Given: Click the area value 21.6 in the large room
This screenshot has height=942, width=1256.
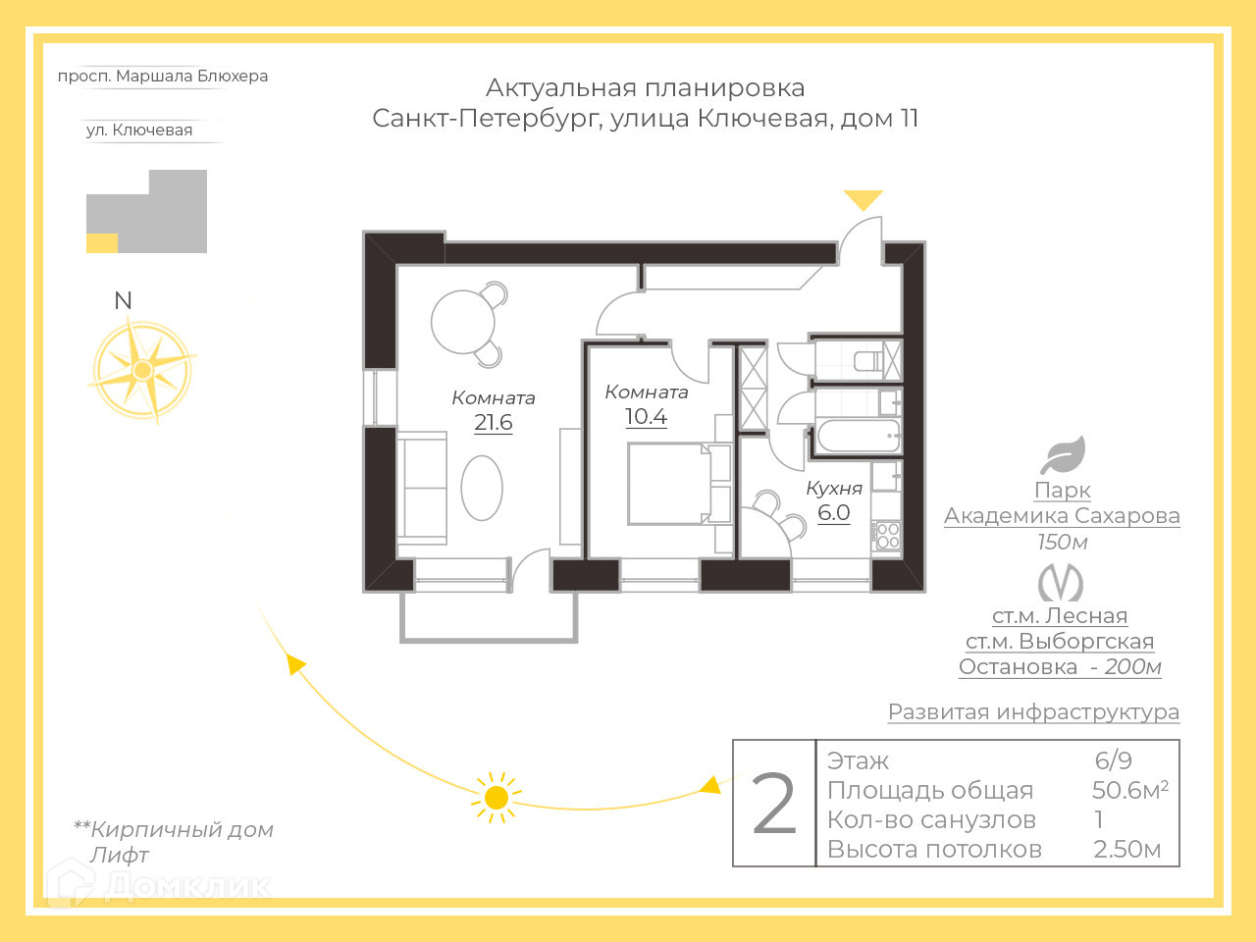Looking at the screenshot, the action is pyautogui.click(x=493, y=423).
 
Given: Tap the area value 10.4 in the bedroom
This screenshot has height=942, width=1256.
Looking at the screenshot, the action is pyautogui.click(x=646, y=417).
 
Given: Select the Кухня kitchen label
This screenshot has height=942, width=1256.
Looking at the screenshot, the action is pyautogui.click(x=833, y=489).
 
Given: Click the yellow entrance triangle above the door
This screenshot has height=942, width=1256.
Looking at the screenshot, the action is pyautogui.click(x=863, y=199).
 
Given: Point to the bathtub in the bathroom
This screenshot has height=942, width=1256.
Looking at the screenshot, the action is pyautogui.click(x=858, y=436).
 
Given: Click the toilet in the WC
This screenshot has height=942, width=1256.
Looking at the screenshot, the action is pyautogui.click(x=869, y=360).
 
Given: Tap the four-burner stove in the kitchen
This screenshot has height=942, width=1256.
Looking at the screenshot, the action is pyautogui.click(x=887, y=535).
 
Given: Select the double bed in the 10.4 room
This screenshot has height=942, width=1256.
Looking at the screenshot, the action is pyautogui.click(x=670, y=484).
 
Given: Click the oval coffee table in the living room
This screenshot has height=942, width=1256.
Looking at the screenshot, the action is pyautogui.click(x=482, y=488).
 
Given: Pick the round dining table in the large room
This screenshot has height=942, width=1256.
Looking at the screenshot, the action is pyautogui.click(x=463, y=322).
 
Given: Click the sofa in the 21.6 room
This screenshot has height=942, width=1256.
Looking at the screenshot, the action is pyautogui.click(x=423, y=488).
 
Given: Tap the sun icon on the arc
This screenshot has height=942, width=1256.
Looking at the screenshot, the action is pyautogui.click(x=497, y=797).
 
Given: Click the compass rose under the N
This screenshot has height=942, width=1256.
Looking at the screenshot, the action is pyautogui.click(x=143, y=371).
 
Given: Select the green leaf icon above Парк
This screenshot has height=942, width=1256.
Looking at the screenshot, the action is pyautogui.click(x=1063, y=455).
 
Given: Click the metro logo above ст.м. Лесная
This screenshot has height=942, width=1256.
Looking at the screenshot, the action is pyautogui.click(x=1061, y=583).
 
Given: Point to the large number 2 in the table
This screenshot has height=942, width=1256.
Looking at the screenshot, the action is pyautogui.click(x=773, y=805).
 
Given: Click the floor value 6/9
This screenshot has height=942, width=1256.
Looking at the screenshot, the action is pyautogui.click(x=1113, y=760).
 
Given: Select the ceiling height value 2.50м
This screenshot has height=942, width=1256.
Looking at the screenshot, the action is pyautogui.click(x=1126, y=850).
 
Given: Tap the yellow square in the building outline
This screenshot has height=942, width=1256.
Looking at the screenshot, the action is pyautogui.click(x=102, y=243).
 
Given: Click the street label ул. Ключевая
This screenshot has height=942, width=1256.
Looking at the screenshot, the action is pyautogui.click(x=139, y=131).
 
